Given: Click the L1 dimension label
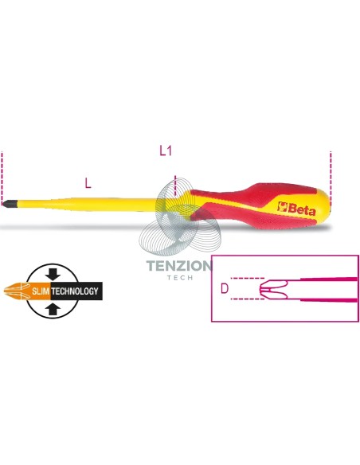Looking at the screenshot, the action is (166, 151).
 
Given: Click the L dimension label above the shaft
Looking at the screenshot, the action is (88, 183).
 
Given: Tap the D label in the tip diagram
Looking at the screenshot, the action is (225, 288).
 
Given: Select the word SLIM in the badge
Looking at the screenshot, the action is (41, 291).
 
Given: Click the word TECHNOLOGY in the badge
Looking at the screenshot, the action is (75, 291).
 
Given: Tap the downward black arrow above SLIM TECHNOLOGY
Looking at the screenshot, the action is (53, 274).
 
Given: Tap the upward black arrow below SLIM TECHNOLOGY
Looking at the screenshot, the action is (53, 308).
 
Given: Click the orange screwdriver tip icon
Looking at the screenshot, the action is (17, 291).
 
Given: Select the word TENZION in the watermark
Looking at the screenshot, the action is (179, 266).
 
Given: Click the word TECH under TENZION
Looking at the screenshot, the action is (180, 278).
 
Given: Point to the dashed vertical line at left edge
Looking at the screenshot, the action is (2, 177).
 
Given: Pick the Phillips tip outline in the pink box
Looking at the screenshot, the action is (274, 288).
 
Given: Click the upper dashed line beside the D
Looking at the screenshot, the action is (248, 278).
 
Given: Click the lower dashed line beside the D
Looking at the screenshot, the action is (248, 299).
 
